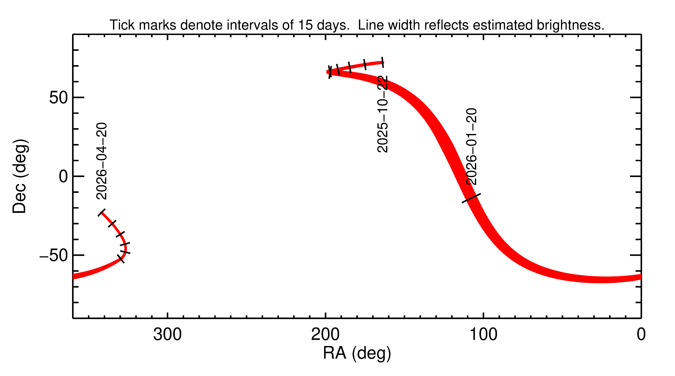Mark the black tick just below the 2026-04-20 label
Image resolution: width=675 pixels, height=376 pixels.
(101, 212)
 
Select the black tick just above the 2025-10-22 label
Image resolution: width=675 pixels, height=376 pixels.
(383, 62)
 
